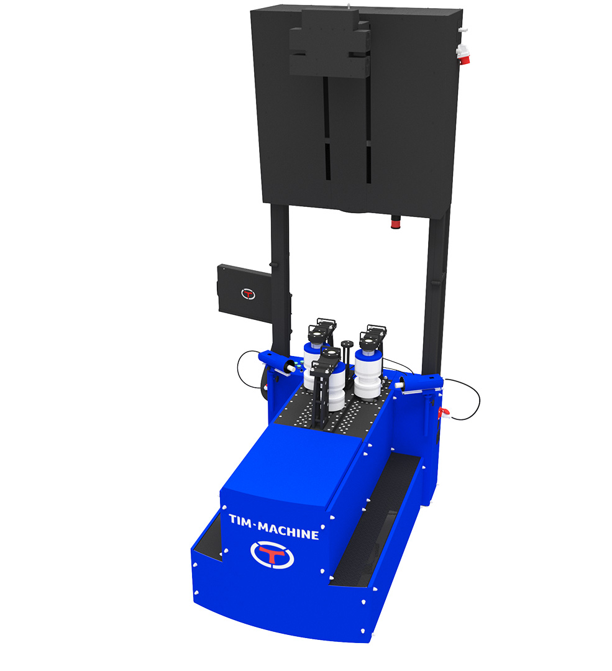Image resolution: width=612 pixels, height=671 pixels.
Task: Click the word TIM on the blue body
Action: pyautogui.click(x=241, y=520)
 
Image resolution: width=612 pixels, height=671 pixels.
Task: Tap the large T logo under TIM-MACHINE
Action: pyautogui.click(x=272, y=555)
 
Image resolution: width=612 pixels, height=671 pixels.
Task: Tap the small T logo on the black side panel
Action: pyautogui.click(x=249, y=294)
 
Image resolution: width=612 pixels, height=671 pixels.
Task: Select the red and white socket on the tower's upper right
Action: pyautogui.click(x=463, y=54)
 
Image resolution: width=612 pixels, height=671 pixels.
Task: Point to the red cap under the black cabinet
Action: pyautogui.click(x=396, y=222)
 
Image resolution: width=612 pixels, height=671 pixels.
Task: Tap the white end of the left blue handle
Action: pyautogui.click(x=291, y=367)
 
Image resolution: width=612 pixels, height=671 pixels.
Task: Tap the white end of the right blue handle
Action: pyautogui.click(x=399, y=385)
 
